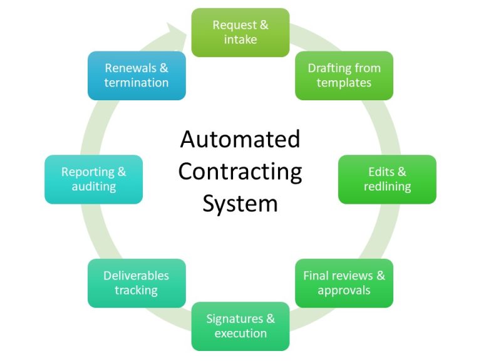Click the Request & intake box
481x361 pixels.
[240, 33]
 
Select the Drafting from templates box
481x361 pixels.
[344, 75]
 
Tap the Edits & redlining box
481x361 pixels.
[387, 179]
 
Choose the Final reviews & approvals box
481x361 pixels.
[344, 283]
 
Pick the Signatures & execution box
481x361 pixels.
[240, 326]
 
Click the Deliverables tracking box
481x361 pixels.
[137, 283]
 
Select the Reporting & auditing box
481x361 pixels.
[93, 179]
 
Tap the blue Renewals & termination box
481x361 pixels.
[137, 75]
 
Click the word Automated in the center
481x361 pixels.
[240, 139]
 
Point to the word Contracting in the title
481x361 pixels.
[240, 171]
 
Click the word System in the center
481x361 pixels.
[240, 204]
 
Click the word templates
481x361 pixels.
[344, 83]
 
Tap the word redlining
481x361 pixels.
[387, 187]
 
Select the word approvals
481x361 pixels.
[344, 290]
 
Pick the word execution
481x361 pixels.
[240, 333]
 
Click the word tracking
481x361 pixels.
[137, 290]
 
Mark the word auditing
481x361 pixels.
[93, 187]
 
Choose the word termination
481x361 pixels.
[137, 83]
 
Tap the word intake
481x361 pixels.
[240, 40]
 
